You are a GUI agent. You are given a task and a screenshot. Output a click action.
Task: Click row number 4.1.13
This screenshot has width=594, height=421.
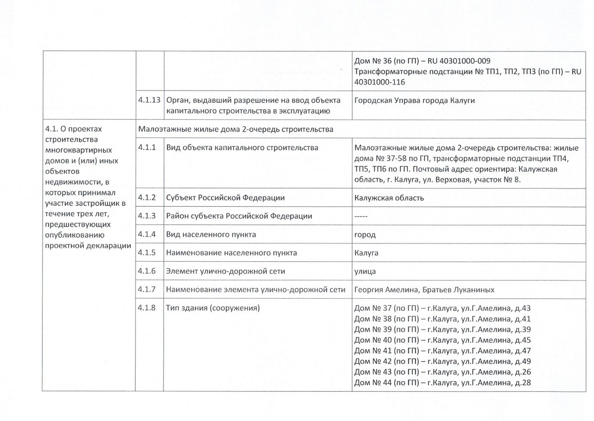pyautogui.click(x=149, y=100)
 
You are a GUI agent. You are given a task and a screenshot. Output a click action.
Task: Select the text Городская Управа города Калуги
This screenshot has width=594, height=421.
pyautogui.click(x=415, y=100)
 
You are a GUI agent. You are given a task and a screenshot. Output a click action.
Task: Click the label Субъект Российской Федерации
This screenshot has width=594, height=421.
pyautogui.click(x=225, y=198)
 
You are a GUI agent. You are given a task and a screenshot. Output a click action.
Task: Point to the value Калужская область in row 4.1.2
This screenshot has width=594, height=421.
pyautogui.click(x=389, y=198)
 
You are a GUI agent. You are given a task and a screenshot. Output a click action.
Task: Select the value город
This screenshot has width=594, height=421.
pyautogui.click(x=365, y=234)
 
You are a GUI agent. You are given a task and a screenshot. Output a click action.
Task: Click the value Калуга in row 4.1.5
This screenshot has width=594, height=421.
pyautogui.click(x=367, y=253)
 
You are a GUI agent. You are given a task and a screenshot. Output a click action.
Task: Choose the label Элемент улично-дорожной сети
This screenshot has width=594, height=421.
pyautogui.click(x=226, y=271)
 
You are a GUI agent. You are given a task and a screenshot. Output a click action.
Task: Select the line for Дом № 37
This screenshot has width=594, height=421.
pyautogui.click(x=443, y=308)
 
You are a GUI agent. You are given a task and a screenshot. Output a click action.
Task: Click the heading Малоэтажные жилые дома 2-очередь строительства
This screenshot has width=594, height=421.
pyautogui.click(x=236, y=129)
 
